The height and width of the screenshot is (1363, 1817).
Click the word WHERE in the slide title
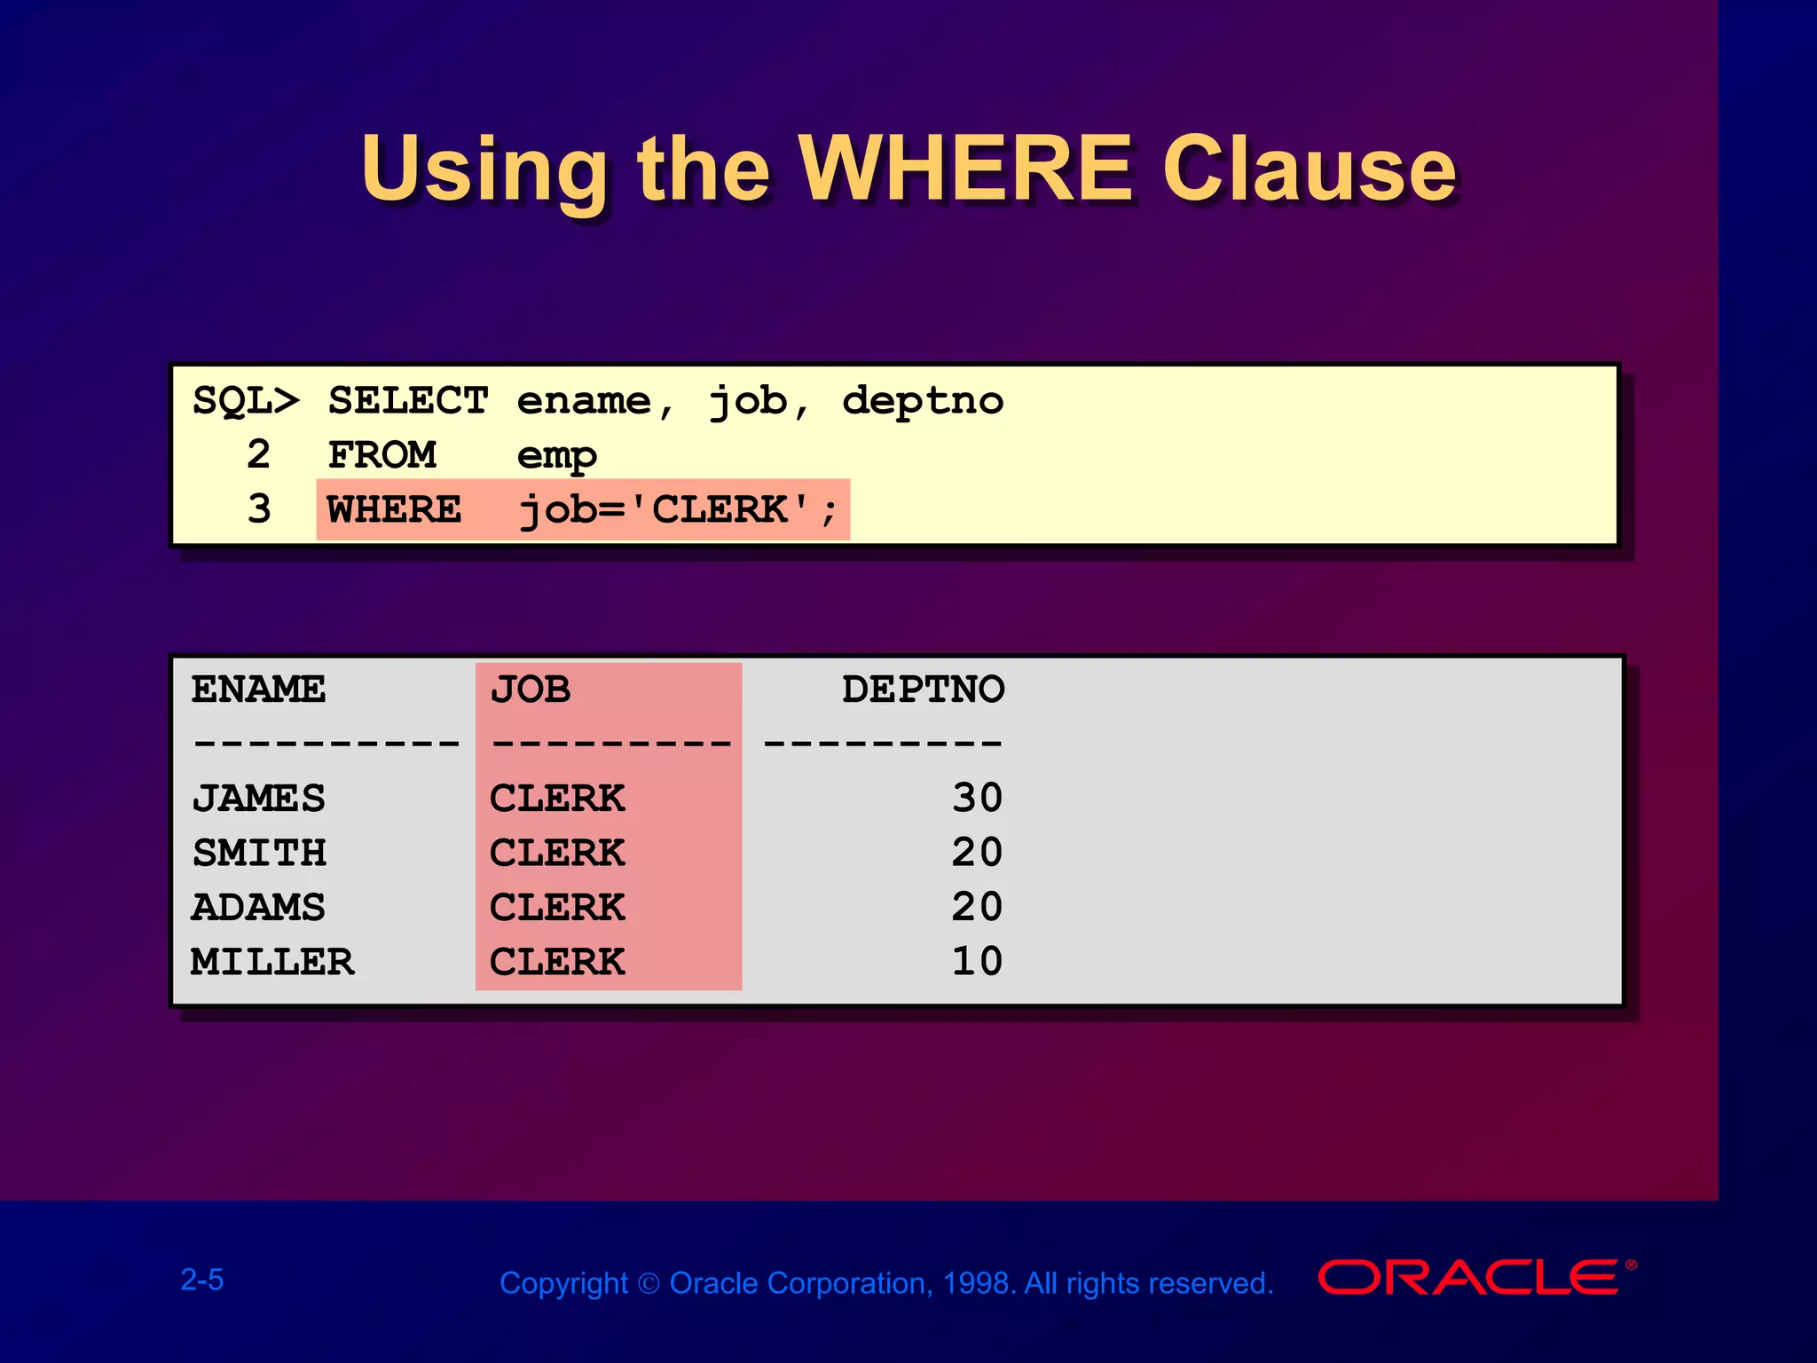pos(965,169)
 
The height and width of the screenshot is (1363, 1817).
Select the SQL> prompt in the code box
pos(246,401)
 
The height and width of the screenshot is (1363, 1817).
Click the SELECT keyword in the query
pos(408,401)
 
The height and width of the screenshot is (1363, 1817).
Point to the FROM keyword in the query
pos(381,455)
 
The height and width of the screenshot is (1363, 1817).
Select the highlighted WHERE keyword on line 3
pos(394,510)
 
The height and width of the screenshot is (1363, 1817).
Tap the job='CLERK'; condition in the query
pos(678,510)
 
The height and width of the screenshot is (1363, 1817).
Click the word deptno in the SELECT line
pos(922,401)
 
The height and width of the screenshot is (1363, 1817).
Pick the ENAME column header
pos(258,689)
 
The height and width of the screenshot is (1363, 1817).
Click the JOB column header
pos(531,689)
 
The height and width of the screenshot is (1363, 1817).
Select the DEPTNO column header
pos(923,689)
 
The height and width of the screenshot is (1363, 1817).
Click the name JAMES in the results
pos(258,799)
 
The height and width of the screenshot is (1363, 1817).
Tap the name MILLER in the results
pos(272,962)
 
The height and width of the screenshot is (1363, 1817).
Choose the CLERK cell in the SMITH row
pos(557,853)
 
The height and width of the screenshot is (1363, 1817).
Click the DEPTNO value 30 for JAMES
pos(977,798)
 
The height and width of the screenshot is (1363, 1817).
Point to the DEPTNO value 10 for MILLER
pos(977,962)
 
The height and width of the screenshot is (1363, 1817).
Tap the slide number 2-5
pos(202,1280)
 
